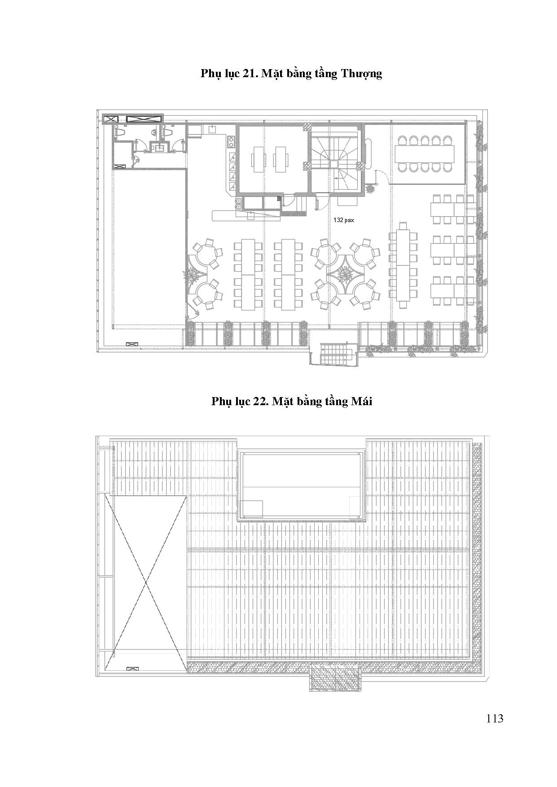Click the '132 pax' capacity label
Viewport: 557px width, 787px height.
tap(343, 220)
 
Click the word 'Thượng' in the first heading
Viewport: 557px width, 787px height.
tap(361, 74)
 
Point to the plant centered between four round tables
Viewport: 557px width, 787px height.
tap(346, 272)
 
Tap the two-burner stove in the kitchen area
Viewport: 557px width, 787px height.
tap(231, 142)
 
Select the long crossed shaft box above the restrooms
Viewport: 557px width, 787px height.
tap(144, 119)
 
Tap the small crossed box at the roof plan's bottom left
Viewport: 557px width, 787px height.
tap(133, 669)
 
